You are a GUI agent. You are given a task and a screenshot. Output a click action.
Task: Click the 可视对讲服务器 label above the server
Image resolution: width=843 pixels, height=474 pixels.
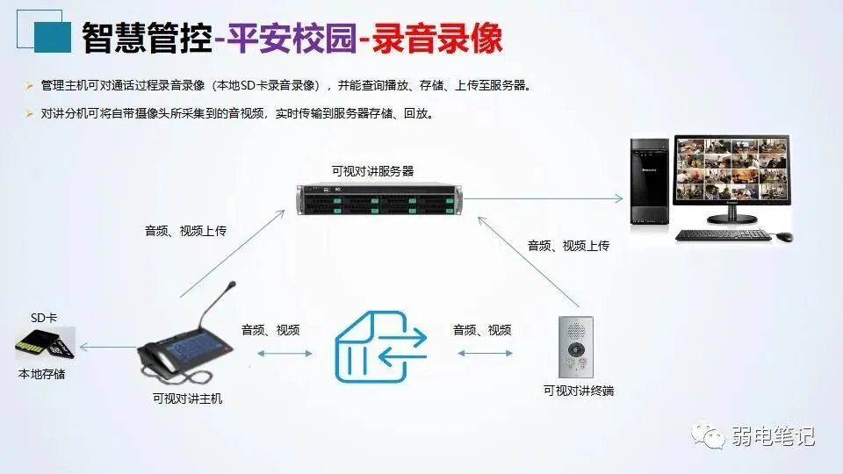pyautogui.click(x=372, y=170)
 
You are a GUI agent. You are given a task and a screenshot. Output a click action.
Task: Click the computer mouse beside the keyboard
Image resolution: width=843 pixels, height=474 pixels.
pyautogui.click(x=784, y=236)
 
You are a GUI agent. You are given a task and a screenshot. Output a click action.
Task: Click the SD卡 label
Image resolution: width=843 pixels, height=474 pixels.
pyautogui.click(x=44, y=318)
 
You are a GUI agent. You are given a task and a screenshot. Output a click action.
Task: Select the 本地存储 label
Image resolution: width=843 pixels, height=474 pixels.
pyautogui.click(x=41, y=374)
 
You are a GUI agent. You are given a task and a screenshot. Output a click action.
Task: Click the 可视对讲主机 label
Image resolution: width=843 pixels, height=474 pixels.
pyautogui.click(x=187, y=399)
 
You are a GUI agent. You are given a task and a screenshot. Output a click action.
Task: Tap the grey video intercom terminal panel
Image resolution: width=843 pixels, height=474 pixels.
pyautogui.click(x=576, y=348)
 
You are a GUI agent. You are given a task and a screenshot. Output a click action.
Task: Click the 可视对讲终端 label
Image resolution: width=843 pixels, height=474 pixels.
pyautogui.click(x=578, y=391)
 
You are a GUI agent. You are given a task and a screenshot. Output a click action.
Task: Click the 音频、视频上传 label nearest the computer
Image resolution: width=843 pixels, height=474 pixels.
pyautogui.click(x=568, y=246)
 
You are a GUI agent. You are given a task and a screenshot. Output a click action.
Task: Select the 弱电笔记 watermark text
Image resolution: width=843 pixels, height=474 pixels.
pyautogui.click(x=773, y=436)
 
